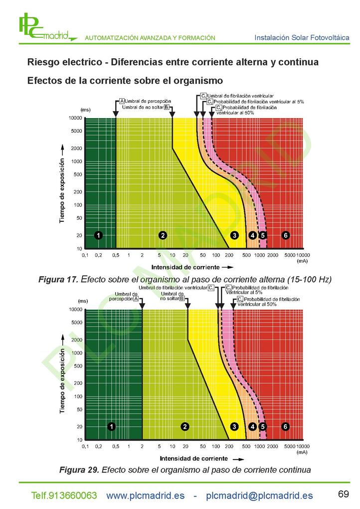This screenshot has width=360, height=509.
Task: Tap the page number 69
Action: [344, 494]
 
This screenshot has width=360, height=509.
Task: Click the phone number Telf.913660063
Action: [64, 496]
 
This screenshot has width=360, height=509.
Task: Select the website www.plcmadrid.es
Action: [146, 496]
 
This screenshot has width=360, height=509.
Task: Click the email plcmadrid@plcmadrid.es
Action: [259, 496]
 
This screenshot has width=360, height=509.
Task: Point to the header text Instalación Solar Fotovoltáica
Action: [302, 38]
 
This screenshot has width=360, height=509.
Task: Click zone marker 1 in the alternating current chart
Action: [98, 235]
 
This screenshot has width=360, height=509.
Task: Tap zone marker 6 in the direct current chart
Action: [285, 427]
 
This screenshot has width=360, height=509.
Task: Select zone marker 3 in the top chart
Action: [234, 235]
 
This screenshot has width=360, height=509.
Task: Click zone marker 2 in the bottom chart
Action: [185, 427]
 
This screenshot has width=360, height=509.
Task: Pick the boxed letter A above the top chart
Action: [122, 101]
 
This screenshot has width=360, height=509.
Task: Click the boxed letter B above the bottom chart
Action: [182, 298]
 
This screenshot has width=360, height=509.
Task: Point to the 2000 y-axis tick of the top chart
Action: [77, 149]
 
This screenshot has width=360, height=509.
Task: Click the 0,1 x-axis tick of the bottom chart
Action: [85, 446]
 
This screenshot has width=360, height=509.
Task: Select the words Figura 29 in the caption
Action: [79, 470]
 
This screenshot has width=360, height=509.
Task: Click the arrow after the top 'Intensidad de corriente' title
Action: [227, 268]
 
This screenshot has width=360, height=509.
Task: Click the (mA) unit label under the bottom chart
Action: [302, 452]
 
